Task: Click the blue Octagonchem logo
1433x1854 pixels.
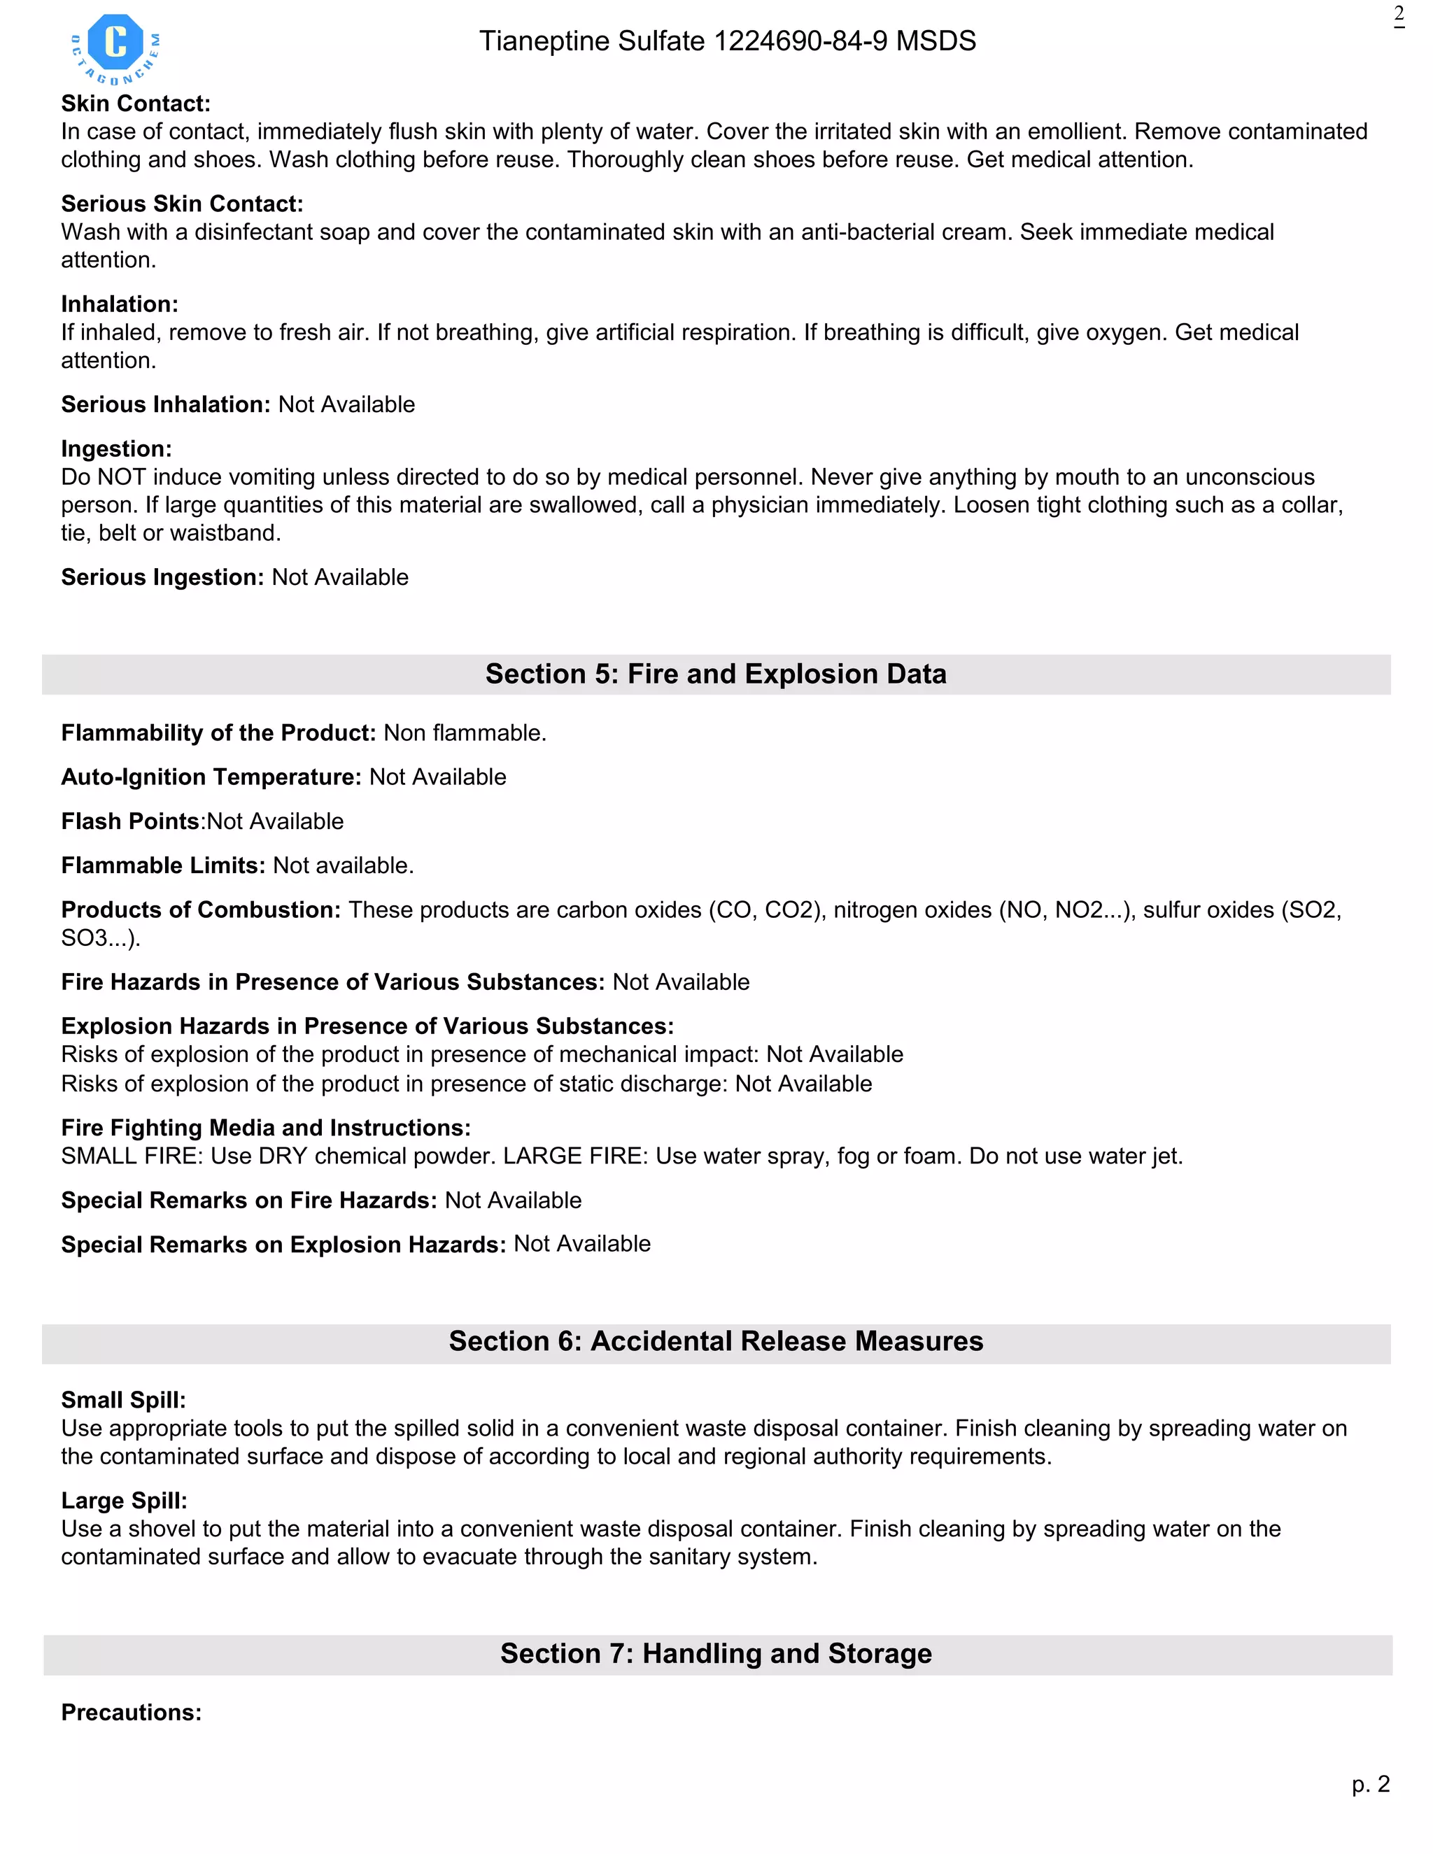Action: [115, 48]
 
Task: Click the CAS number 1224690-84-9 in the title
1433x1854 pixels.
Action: [800, 41]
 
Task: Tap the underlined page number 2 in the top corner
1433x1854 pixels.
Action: [1398, 15]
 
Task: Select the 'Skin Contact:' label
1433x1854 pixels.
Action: [136, 104]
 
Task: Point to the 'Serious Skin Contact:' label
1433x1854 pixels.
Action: [182, 204]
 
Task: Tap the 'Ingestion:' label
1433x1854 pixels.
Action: [116, 448]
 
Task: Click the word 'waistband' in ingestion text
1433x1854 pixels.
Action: [224, 533]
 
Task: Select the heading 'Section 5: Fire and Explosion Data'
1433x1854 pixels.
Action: [716, 674]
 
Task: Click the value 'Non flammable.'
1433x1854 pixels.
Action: [465, 733]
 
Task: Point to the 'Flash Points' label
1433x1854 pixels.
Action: [130, 821]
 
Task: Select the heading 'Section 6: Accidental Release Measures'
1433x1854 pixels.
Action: [716, 1341]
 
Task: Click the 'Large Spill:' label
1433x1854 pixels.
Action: [124, 1501]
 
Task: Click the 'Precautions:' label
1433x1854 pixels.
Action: [131, 1712]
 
